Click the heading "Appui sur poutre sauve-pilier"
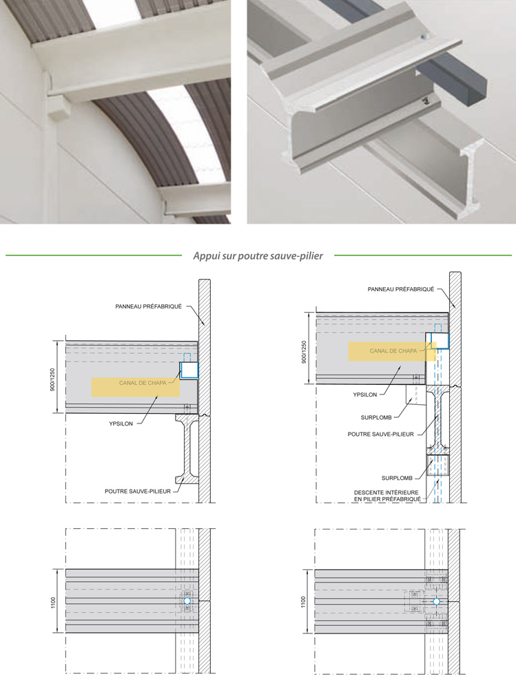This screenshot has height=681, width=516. pos(258,256)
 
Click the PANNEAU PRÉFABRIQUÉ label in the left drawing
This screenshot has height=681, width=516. pos(149,306)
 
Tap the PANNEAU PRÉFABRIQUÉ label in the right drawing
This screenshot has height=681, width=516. pos(401,289)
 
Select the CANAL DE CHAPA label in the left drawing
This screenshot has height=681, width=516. pos(143,383)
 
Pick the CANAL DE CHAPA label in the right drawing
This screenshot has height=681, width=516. pos(393,351)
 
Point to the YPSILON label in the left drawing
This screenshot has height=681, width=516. pos(121,424)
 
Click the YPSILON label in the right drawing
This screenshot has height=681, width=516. pos(365,395)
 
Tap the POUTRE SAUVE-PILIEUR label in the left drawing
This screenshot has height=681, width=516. pos(138,492)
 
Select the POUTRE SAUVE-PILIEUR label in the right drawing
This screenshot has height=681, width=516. pos(381,434)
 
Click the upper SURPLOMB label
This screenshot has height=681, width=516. pos(376,418)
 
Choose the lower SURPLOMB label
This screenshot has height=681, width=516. pos(397,478)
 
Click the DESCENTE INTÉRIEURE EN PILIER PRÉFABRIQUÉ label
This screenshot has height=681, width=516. pos(387,496)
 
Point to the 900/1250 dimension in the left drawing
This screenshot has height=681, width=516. pos(52,379)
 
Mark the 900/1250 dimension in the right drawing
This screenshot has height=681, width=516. pos(304,352)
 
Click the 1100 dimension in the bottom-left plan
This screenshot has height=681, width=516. pos(54,603)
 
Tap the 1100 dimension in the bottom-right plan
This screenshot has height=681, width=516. pos(303,602)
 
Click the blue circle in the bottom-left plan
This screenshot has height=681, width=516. pos(187,601)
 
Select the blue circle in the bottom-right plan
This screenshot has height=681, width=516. pos(437,602)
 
